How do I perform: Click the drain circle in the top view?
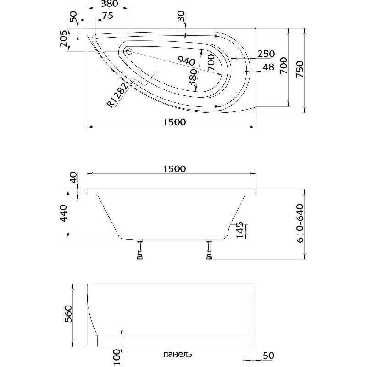(129, 51)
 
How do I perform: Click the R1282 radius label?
(118, 95)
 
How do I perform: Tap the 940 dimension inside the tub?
(186, 61)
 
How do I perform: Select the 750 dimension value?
(300, 69)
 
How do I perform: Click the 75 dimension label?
(108, 16)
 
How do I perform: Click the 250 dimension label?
(266, 54)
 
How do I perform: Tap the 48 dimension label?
(268, 67)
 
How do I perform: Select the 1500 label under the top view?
(174, 122)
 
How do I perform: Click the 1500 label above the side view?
(174, 168)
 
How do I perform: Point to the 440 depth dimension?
(64, 213)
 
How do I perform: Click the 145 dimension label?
(239, 230)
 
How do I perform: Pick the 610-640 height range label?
(300, 223)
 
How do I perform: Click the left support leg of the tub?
(140, 249)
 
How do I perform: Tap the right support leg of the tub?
(209, 249)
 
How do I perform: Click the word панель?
(178, 354)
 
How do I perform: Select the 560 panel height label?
(68, 314)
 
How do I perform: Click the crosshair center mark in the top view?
(156, 72)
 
